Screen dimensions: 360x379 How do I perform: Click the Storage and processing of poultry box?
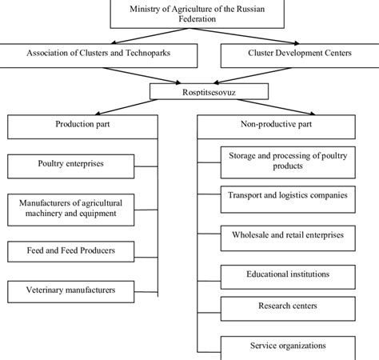(287, 160)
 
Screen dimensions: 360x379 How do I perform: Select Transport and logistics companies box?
(287, 194)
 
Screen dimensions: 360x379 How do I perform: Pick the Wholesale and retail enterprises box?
(287, 236)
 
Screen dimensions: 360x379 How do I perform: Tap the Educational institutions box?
(287, 274)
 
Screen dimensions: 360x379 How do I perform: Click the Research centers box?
(287, 306)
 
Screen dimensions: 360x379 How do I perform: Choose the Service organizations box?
(287, 346)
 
